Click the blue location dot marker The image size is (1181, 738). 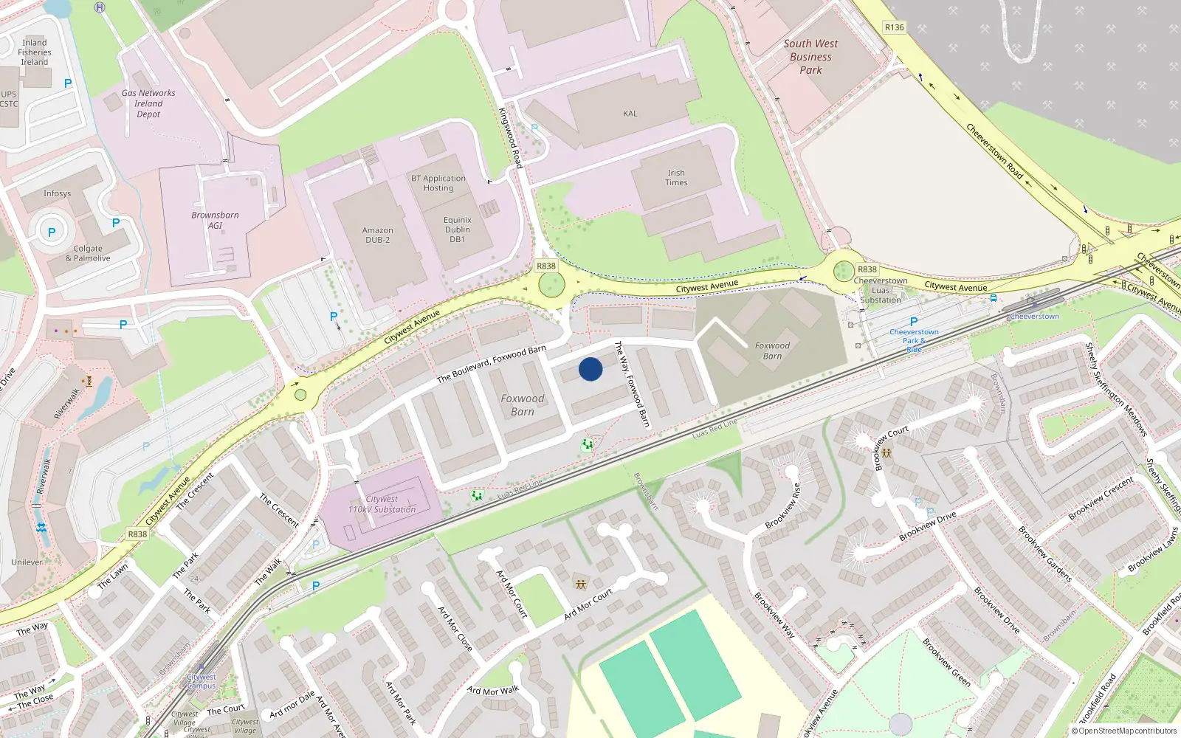tap(590, 369)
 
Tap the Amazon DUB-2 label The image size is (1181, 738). tap(377, 235)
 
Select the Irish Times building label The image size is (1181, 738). tap(676, 178)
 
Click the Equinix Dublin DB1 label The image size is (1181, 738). tap(458, 230)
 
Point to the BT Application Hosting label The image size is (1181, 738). tap(438, 183)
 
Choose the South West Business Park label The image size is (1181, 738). tap(810, 57)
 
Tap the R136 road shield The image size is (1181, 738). tap(894, 27)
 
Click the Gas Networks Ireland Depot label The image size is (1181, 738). tap(148, 103)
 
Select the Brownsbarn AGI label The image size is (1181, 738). tap(215, 220)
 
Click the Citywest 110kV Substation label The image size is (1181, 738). tap(382, 504)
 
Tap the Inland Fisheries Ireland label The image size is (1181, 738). tap(35, 52)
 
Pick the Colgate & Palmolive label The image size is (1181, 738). tap(88, 253)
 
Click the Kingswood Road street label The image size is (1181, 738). tap(511, 137)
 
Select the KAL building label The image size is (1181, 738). tap(630, 114)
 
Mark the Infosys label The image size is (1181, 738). tap(57, 193)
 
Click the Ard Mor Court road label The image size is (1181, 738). tap(588, 604)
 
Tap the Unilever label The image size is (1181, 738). tap(27, 562)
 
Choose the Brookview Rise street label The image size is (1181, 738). tap(783, 506)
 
